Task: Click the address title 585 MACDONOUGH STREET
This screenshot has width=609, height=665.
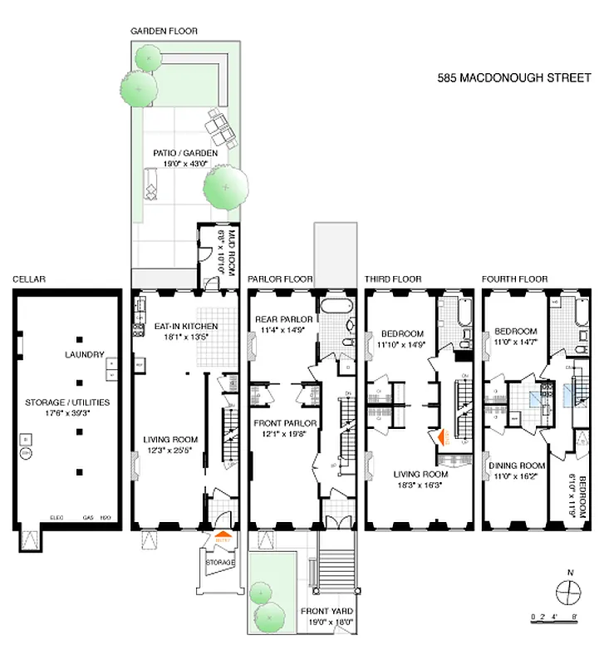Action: click(x=514, y=78)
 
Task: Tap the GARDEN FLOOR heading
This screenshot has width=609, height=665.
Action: click(x=164, y=31)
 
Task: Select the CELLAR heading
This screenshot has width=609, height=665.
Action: click(x=28, y=279)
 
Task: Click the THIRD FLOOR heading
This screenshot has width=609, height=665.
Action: click(x=393, y=279)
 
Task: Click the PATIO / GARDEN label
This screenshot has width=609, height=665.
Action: click(x=185, y=153)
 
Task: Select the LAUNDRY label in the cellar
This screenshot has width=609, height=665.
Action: click(x=86, y=355)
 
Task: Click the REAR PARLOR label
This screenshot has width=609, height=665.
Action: click(x=284, y=318)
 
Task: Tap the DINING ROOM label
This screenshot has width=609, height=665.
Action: click(x=515, y=466)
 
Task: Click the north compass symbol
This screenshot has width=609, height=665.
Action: click(x=567, y=592)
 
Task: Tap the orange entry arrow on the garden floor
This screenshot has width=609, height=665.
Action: click(x=223, y=538)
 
